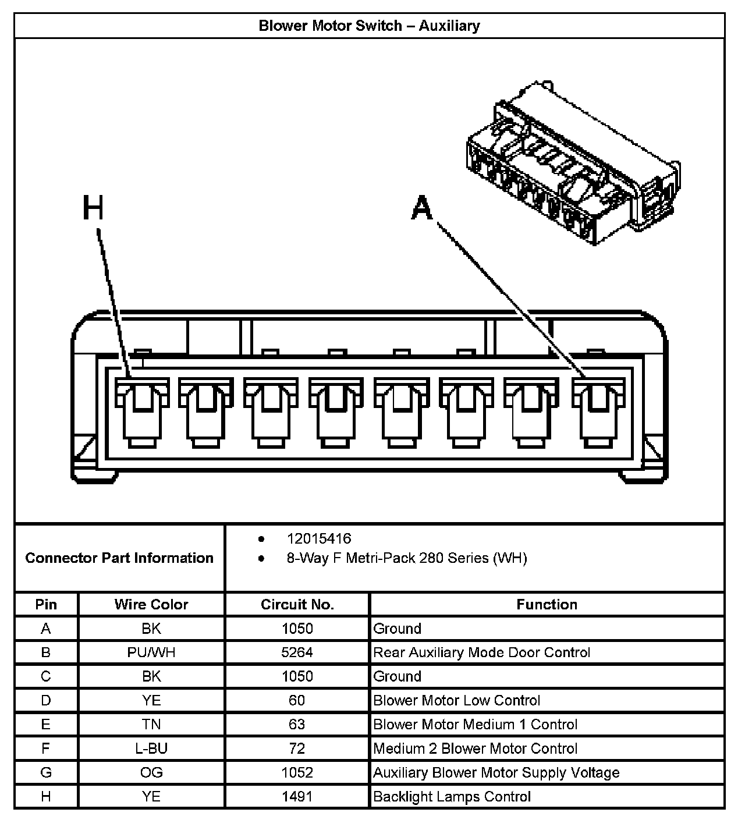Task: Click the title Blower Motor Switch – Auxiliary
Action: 369,26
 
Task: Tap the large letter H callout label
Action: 93,208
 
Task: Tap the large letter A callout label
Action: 422,208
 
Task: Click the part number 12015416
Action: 319,538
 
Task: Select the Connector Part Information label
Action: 119,558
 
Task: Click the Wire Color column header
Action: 151,604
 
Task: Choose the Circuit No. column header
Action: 297,604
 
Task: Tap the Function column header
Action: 547,604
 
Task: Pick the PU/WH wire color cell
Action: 151,652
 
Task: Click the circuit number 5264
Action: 297,652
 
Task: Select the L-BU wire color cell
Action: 151,748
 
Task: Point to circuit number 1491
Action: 297,796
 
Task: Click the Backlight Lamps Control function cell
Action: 452,796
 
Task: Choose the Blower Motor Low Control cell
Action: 456,700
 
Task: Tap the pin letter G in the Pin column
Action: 46,772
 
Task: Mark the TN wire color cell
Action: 151,725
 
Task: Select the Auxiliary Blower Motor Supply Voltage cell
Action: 496,772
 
